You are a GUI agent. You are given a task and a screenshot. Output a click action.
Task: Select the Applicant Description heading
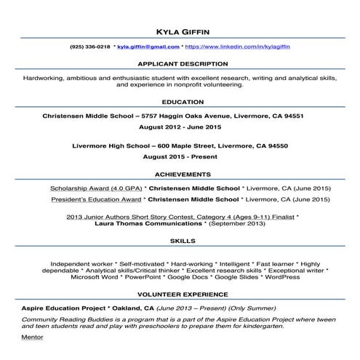tap(180, 63)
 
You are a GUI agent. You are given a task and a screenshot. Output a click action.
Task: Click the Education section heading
tap(180, 103)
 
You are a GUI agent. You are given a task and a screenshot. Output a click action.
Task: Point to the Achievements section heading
tap(180, 175)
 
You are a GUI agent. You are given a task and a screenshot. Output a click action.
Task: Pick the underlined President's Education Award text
tap(94, 199)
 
